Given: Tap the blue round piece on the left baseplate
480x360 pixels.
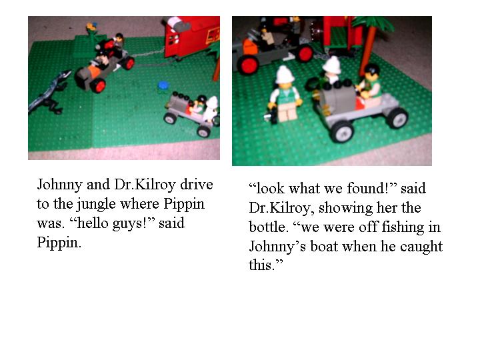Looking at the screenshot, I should (x=162, y=85).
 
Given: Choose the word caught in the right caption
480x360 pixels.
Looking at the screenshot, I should (x=421, y=247).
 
